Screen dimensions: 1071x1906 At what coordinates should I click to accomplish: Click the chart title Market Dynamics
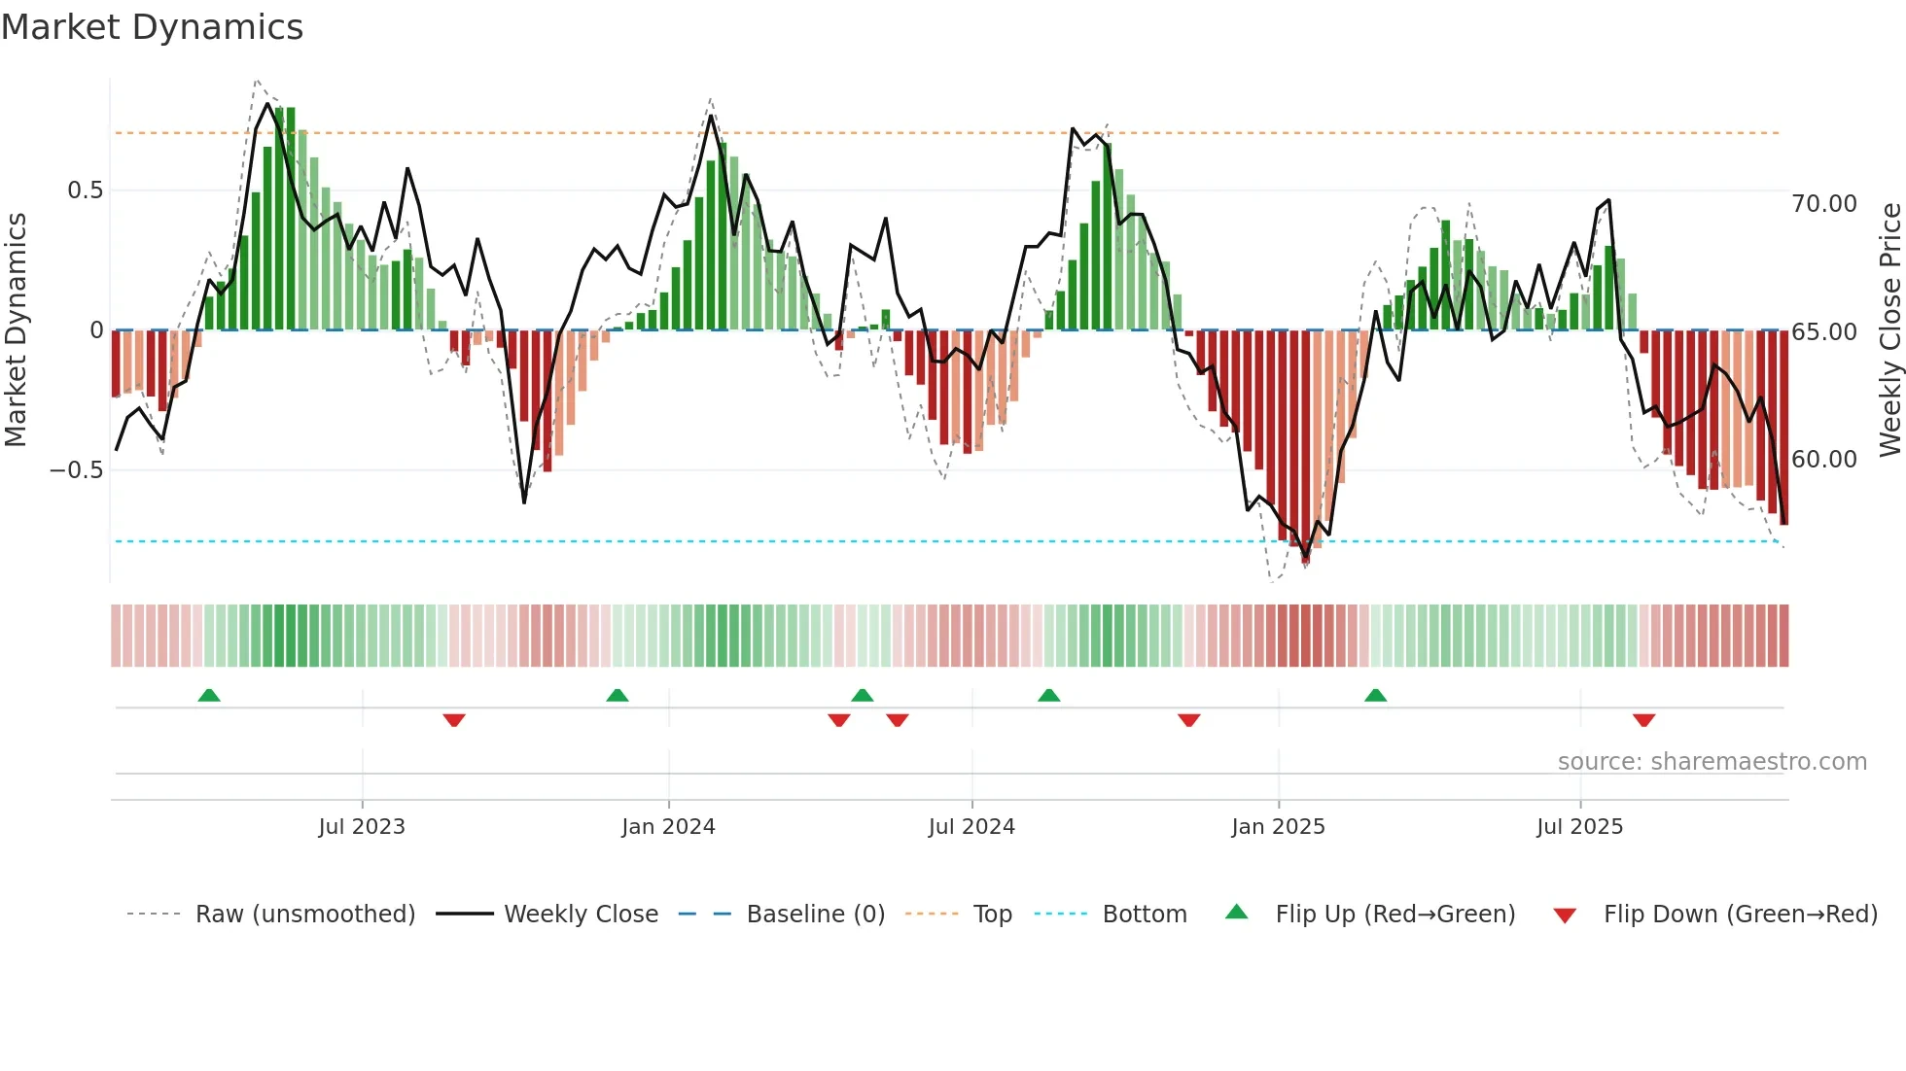click(x=152, y=27)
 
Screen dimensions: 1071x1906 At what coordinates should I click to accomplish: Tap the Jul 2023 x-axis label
click(x=362, y=827)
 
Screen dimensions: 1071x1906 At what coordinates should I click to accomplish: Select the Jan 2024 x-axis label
click(x=668, y=827)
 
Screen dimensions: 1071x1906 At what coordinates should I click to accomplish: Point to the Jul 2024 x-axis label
click(x=971, y=827)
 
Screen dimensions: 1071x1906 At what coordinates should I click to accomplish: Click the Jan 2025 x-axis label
click(x=1278, y=827)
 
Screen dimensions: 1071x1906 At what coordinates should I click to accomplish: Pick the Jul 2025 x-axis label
click(x=1580, y=827)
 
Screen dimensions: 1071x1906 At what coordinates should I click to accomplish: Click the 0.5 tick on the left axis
click(x=85, y=190)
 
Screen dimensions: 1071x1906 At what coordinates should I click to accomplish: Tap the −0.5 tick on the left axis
click(x=77, y=470)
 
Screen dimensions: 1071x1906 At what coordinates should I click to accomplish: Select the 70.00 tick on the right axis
click(x=1824, y=204)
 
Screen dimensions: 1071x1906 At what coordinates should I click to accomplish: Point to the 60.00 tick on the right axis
click(x=1824, y=460)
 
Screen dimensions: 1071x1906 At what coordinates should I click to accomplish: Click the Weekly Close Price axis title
click(x=1889, y=329)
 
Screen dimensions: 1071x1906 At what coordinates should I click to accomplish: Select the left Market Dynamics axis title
click(x=17, y=329)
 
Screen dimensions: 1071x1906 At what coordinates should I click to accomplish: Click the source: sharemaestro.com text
click(x=1712, y=762)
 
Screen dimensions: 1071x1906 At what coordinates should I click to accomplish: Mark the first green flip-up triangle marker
click(x=209, y=695)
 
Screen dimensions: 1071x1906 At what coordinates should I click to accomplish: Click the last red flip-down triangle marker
click(x=1643, y=720)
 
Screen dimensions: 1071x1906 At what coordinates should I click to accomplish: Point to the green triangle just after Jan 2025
click(x=1375, y=695)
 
